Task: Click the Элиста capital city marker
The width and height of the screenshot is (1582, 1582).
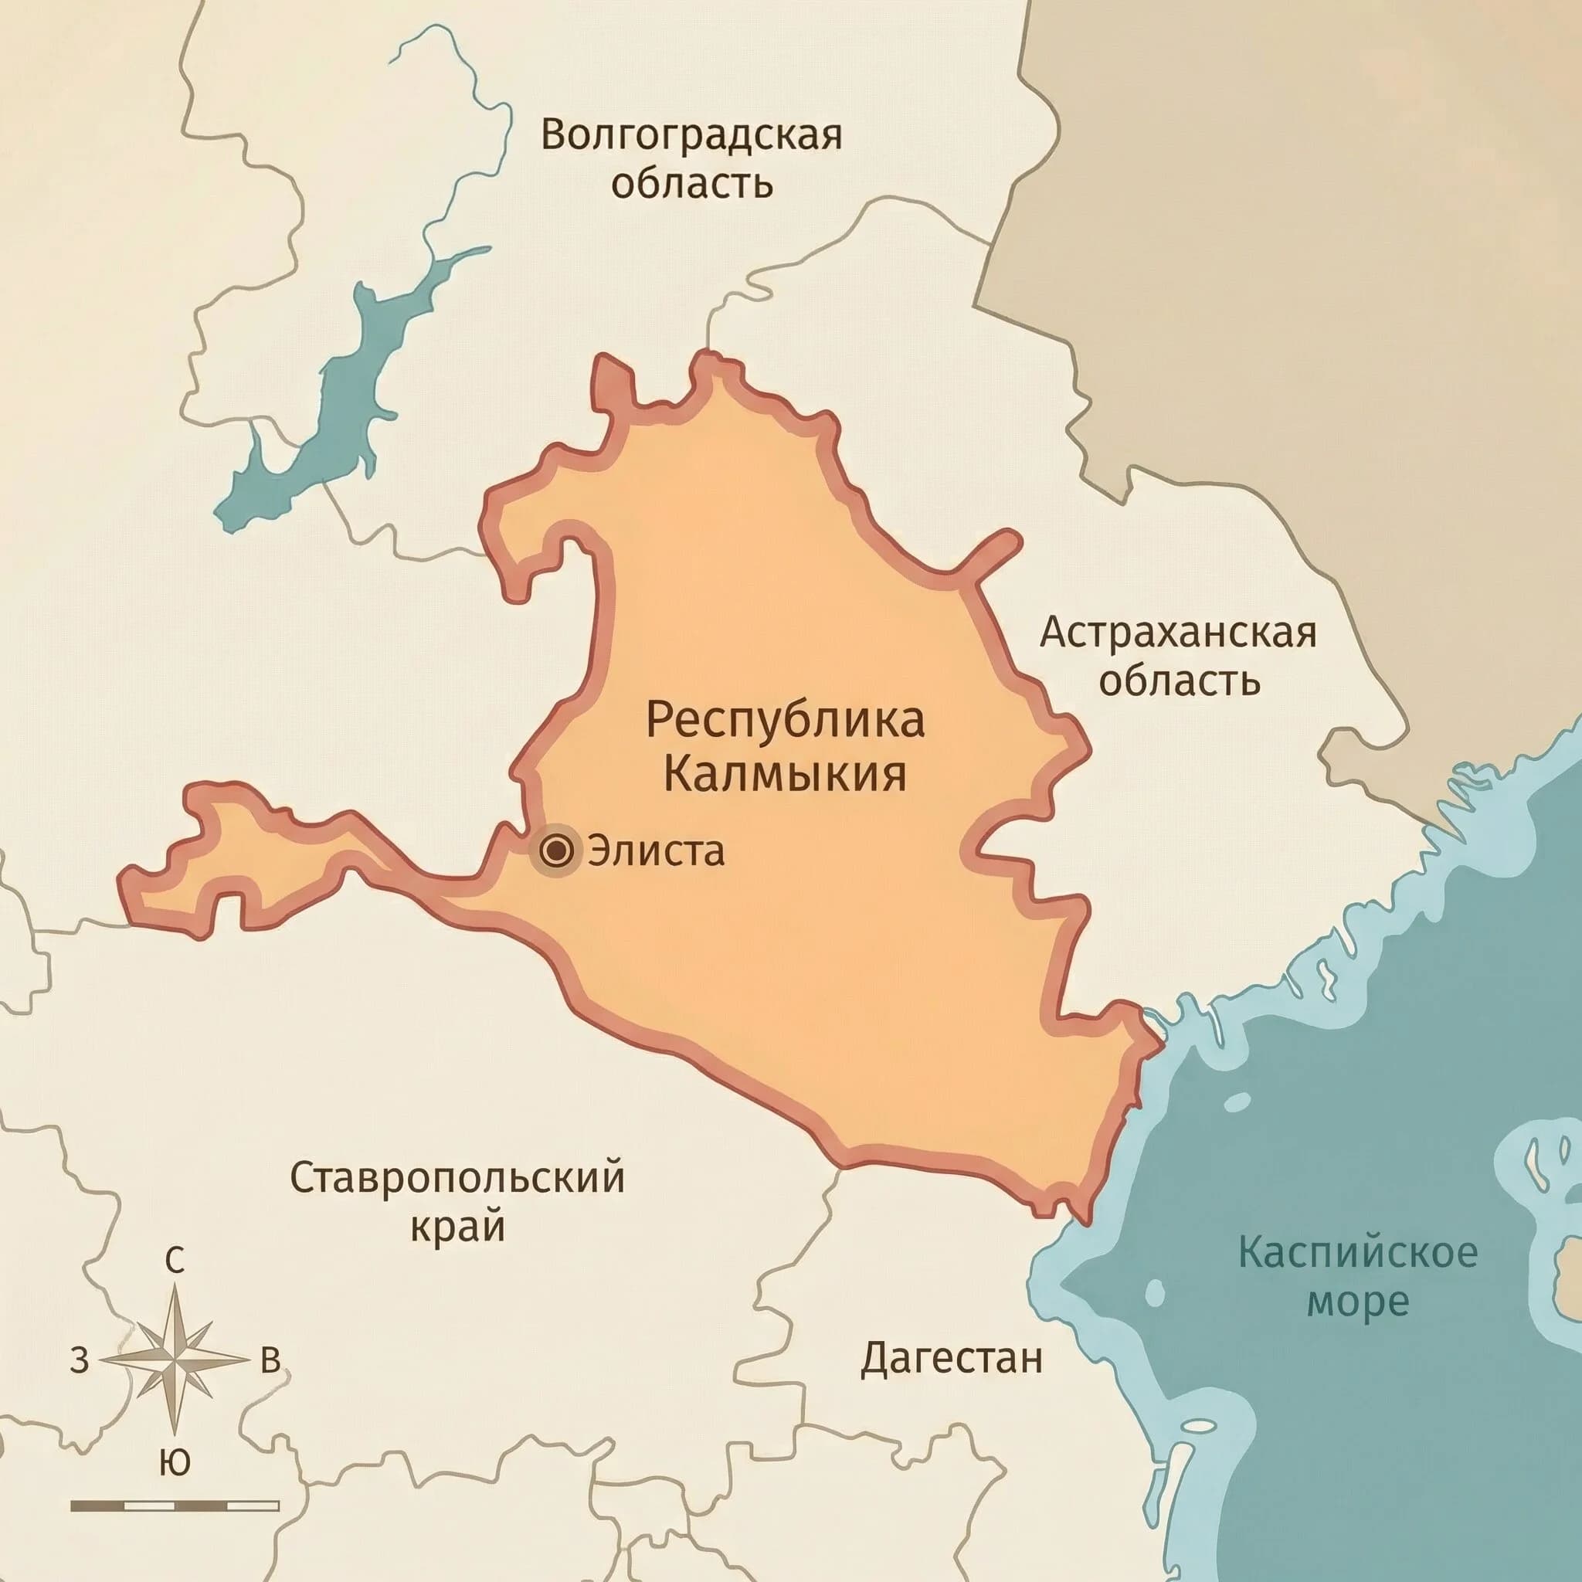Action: (x=558, y=851)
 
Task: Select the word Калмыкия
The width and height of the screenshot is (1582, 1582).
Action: (x=785, y=774)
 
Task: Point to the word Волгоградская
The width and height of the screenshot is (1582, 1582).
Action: (x=692, y=135)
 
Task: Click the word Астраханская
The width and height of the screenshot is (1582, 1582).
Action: (x=1177, y=633)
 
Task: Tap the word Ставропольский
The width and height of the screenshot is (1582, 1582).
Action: (x=457, y=1178)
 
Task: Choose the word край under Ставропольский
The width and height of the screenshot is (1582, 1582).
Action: (x=457, y=1227)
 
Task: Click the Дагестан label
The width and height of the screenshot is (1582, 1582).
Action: (x=952, y=1359)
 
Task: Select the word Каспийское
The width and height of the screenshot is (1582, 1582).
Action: (x=1358, y=1253)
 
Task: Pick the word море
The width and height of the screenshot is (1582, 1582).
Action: (x=1358, y=1302)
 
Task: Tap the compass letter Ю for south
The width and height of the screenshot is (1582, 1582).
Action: (x=174, y=1461)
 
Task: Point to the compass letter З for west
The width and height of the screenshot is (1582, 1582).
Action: (x=79, y=1360)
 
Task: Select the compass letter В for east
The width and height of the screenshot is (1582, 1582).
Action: (x=270, y=1360)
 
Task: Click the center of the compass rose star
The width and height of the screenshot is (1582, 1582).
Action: (x=175, y=1360)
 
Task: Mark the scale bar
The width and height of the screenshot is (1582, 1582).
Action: (x=175, y=1506)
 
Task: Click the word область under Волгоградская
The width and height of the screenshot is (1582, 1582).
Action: (x=692, y=185)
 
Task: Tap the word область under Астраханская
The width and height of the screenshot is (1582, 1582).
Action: (x=1177, y=681)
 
